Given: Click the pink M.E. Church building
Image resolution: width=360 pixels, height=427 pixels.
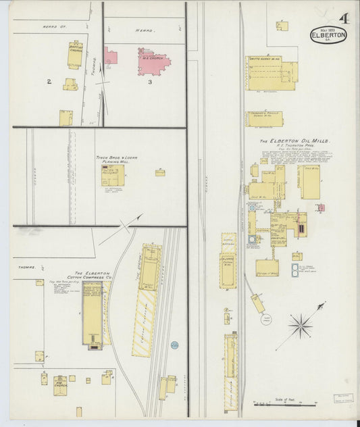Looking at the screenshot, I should (x=153, y=61).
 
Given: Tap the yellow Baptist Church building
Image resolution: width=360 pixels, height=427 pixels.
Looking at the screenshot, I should (x=74, y=55).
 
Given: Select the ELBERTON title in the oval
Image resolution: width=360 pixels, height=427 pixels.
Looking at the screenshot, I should (x=328, y=35).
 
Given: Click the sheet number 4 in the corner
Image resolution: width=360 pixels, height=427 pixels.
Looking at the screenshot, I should (x=344, y=18).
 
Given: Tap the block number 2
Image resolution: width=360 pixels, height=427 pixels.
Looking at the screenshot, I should (x=49, y=82).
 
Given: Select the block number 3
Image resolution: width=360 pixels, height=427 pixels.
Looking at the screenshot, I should (x=149, y=82).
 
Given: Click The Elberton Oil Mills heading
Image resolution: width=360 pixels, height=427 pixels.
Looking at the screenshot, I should (x=295, y=142).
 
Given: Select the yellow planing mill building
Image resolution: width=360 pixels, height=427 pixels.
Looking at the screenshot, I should (x=111, y=176).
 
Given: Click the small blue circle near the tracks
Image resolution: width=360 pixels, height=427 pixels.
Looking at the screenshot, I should (x=174, y=345).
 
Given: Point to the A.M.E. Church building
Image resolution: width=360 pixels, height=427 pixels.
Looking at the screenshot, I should (x=44, y=378).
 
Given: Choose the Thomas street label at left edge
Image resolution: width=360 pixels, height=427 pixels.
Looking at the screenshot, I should (x=28, y=268).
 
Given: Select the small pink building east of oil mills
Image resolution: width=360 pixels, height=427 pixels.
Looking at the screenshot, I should (x=322, y=208).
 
